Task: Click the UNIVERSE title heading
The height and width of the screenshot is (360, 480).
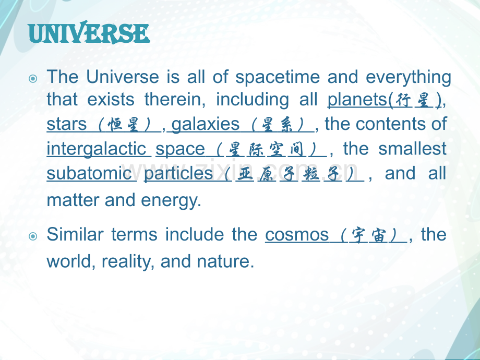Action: click(89, 32)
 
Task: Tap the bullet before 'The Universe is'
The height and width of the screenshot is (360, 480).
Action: click(33, 79)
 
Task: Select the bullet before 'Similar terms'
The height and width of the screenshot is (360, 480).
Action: click(33, 236)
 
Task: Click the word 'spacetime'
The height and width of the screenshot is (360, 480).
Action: click(278, 78)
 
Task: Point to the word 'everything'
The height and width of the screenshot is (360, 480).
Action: click(409, 78)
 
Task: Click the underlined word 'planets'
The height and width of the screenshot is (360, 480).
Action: click(357, 100)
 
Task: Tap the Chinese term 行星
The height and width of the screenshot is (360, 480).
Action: click(413, 100)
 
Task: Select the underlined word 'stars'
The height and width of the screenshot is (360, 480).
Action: click(66, 125)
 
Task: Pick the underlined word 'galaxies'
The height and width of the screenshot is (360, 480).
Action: click(205, 125)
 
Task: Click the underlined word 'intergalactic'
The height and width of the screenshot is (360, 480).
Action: click(99, 149)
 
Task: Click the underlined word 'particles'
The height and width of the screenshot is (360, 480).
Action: click(178, 174)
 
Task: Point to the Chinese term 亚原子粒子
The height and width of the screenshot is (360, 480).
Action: click(289, 174)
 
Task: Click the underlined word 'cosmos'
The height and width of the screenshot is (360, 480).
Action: click(297, 235)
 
